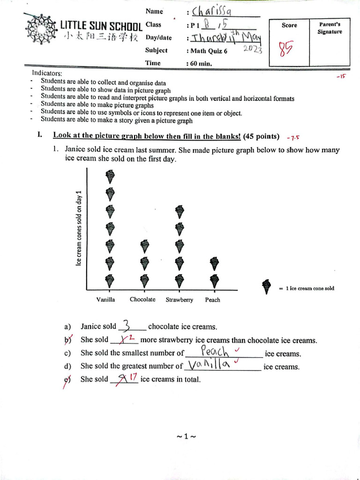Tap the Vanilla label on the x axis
coord(105,300)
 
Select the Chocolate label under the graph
coord(142,300)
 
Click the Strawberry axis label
coord(179,300)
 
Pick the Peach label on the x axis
coord(212,300)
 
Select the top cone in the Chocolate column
coord(145,246)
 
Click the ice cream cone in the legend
coord(267,287)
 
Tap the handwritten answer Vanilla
coord(208,364)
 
